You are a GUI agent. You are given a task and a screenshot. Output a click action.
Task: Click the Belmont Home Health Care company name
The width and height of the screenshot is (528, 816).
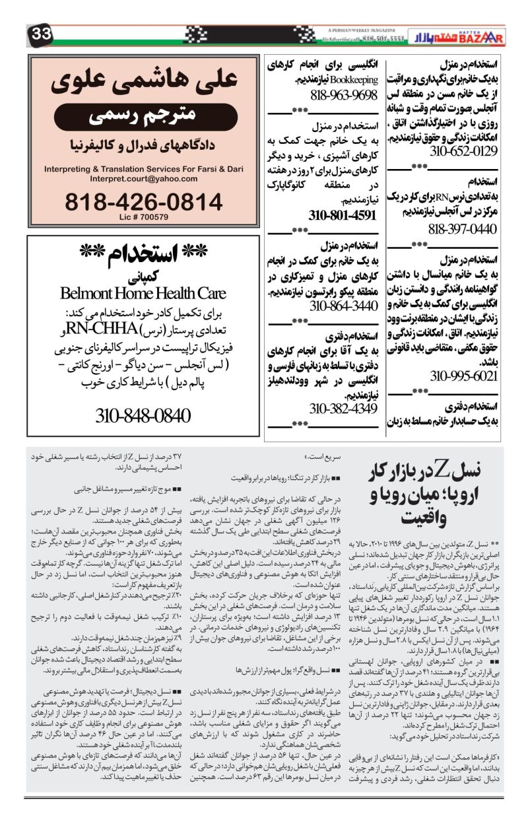143,292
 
